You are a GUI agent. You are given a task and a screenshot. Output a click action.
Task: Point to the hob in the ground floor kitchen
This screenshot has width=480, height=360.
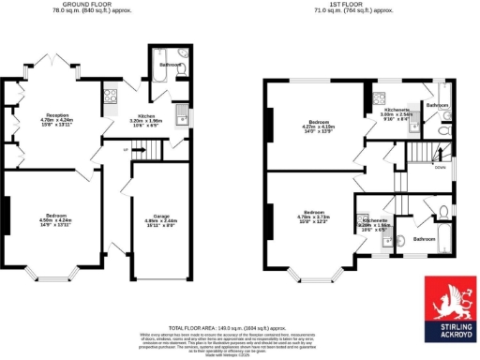tap(112, 95)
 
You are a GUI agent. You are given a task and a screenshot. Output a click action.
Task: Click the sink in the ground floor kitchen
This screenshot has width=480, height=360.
tap(182, 116)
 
